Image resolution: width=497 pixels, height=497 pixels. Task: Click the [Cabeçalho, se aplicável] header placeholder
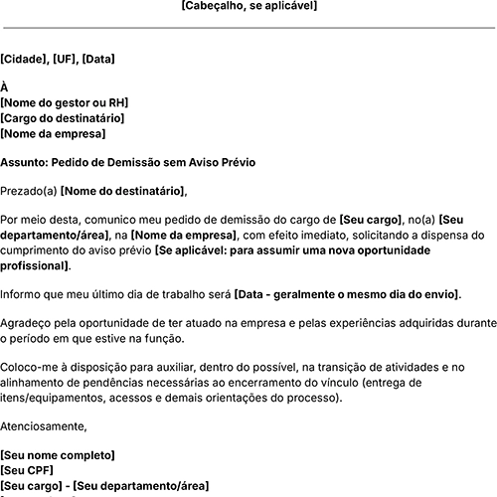coord(248,6)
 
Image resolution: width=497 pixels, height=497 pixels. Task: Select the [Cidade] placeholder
coord(23,60)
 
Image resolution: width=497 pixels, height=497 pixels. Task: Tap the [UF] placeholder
coord(63,60)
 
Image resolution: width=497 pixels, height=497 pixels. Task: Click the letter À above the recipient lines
coord(5,86)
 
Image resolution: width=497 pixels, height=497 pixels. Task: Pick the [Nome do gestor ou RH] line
coord(65,102)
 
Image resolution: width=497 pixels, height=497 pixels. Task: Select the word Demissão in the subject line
coord(133,160)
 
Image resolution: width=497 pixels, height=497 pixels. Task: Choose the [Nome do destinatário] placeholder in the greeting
coord(123,191)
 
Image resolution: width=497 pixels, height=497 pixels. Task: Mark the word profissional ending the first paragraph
coord(35,265)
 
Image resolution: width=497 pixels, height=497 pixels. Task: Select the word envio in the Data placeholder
coord(439,295)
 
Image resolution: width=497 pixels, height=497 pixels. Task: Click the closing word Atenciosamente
coord(44,427)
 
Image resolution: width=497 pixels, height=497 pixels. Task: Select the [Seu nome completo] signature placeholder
coord(58,455)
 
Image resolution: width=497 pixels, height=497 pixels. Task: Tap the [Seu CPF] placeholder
coord(28,470)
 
